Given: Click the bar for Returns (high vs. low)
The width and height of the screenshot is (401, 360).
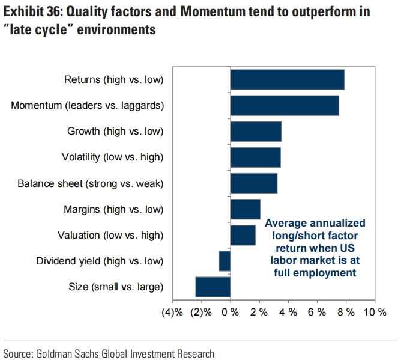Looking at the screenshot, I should (287, 79).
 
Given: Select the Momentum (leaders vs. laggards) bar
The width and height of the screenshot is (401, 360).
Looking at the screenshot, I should (285, 105).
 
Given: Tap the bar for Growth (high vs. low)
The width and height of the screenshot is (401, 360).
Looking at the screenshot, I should (256, 131).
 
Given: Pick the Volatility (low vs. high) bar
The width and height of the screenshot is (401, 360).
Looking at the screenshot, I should (255, 157).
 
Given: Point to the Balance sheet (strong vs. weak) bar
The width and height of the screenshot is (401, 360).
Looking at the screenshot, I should (253, 183).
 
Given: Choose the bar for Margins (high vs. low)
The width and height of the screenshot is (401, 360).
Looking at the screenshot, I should (245, 209).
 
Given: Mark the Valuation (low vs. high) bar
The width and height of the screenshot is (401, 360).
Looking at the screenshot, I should (243, 235).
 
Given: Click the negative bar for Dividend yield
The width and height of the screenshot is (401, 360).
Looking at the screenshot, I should (225, 261).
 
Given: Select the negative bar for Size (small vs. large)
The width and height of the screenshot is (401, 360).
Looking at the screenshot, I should (213, 287).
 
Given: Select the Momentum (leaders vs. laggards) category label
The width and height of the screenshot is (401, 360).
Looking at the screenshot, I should (87, 105).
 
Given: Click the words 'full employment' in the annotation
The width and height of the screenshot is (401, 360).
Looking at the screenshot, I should (315, 272).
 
